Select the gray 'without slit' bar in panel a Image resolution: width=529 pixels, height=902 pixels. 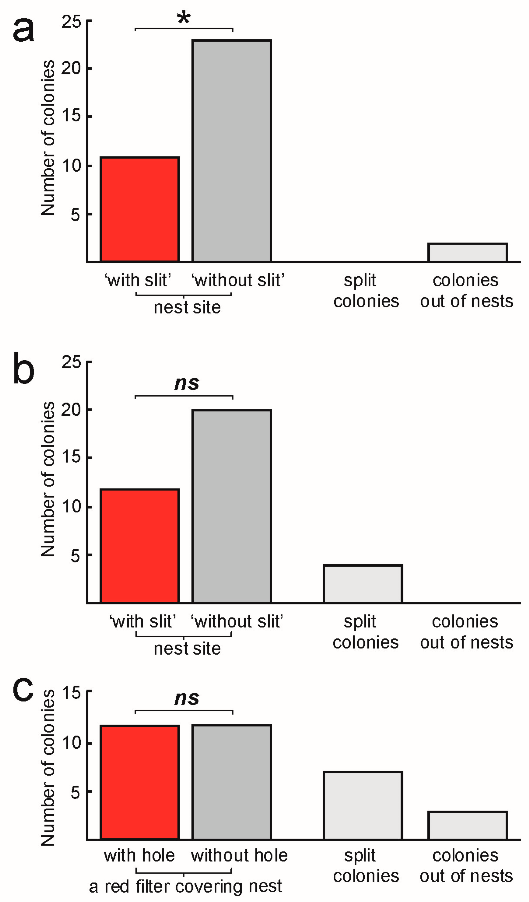tap(231, 151)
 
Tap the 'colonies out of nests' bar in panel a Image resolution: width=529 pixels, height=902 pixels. tap(468, 253)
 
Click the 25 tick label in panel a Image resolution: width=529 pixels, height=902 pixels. tap(71, 22)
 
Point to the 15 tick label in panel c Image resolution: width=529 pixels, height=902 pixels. tap(71, 693)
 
